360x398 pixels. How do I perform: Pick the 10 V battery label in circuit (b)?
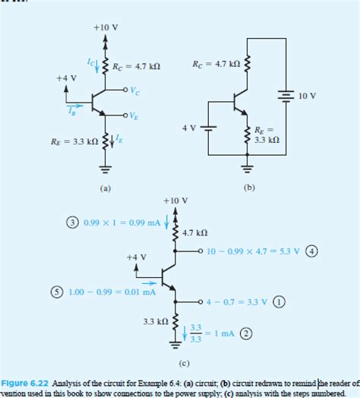coord(308,97)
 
